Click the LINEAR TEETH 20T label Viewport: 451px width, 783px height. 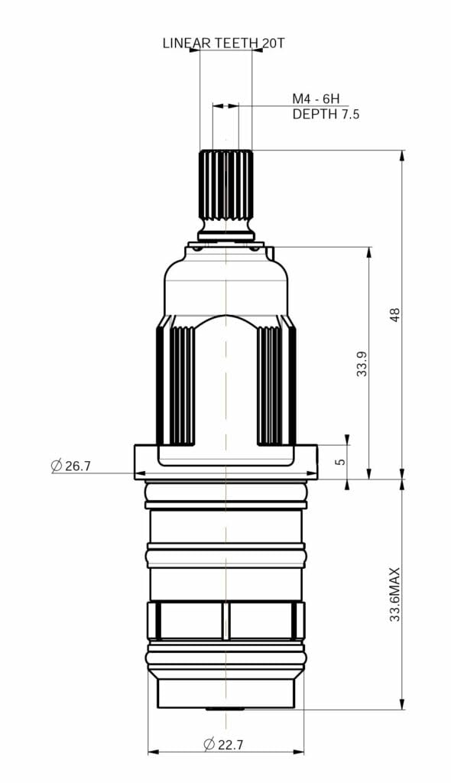pyautogui.click(x=223, y=44)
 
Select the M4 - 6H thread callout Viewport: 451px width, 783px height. pyautogui.click(x=315, y=99)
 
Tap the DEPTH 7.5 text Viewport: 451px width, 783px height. pyautogui.click(x=326, y=114)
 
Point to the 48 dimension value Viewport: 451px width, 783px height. pyautogui.click(x=395, y=314)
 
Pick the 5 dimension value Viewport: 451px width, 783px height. pyautogui.click(x=341, y=461)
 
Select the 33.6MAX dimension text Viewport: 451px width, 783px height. pyautogui.click(x=395, y=594)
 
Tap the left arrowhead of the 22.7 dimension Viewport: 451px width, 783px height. pyautogui.click(x=153, y=752)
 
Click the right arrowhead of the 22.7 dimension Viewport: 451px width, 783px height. pyautogui.click(x=299, y=752)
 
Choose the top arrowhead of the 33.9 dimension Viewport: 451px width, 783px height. pyautogui.click(x=369, y=252)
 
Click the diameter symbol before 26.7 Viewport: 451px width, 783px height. pyautogui.click(x=57, y=466)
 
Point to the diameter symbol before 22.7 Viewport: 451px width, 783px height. pyautogui.click(x=209, y=744)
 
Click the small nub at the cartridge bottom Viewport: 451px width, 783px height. pyautogui.click(x=226, y=709)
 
